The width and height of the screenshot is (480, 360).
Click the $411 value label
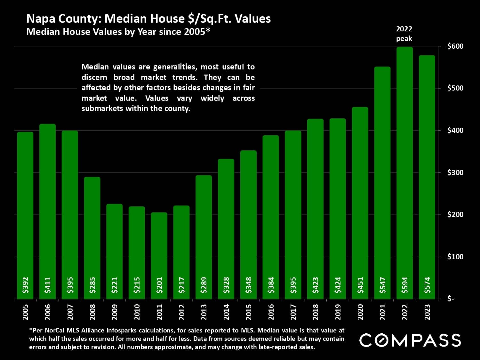tap(48, 285)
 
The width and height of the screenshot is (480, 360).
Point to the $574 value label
tap(427, 285)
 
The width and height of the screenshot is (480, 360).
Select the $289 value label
tap(204, 285)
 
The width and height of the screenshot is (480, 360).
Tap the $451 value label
tap(360, 285)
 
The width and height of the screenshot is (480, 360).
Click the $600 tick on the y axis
tap(455, 46)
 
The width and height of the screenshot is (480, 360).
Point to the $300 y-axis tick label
tap(455, 173)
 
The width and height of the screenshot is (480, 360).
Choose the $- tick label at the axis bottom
tap(450, 299)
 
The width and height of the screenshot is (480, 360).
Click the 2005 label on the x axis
tap(25, 312)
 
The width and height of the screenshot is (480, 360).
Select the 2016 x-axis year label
tap(271, 312)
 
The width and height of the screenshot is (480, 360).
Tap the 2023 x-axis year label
tap(427, 312)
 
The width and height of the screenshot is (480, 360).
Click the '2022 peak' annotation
tap(404, 34)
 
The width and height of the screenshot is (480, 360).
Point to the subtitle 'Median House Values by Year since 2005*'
tap(118, 32)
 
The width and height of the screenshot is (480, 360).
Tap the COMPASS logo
tap(410, 340)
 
